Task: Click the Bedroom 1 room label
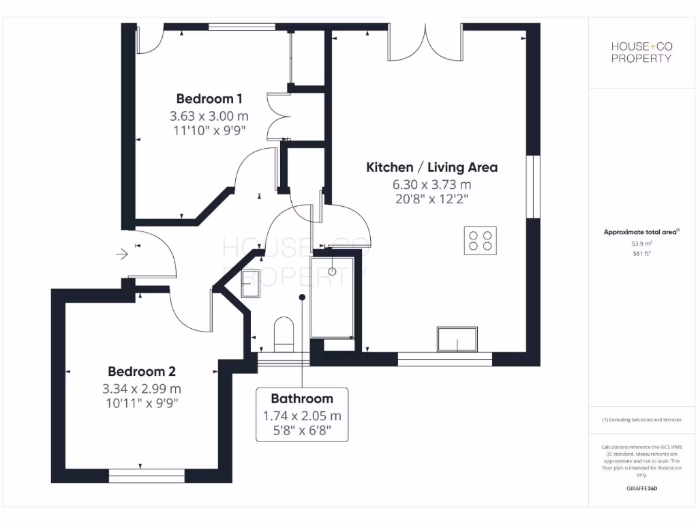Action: click(x=209, y=98)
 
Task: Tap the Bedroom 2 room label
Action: click(x=142, y=372)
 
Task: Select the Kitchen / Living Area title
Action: click(x=431, y=167)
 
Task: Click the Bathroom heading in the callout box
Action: click(x=302, y=398)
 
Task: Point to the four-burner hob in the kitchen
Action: click(x=480, y=240)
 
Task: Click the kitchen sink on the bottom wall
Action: click(x=457, y=339)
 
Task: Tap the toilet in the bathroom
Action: click(x=283, y=332)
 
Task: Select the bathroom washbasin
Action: click(x=251, y=284)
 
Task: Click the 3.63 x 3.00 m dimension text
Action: click(x=209, y=116)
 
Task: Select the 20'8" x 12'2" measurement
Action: click(x=431, y=199)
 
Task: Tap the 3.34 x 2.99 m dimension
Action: click(x=142, y=389)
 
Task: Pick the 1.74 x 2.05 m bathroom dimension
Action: click(x=302, y=416)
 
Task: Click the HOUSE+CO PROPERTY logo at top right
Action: click(x=641, y=53)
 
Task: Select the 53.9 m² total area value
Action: click(x=641, y=243)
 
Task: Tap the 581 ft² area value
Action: click(x=641, y=254)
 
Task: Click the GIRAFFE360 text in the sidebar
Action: click(x=641, y=489)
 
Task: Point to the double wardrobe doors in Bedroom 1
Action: click(x=277, y=116)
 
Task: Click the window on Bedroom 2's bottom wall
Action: click(x=146, y=475)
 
